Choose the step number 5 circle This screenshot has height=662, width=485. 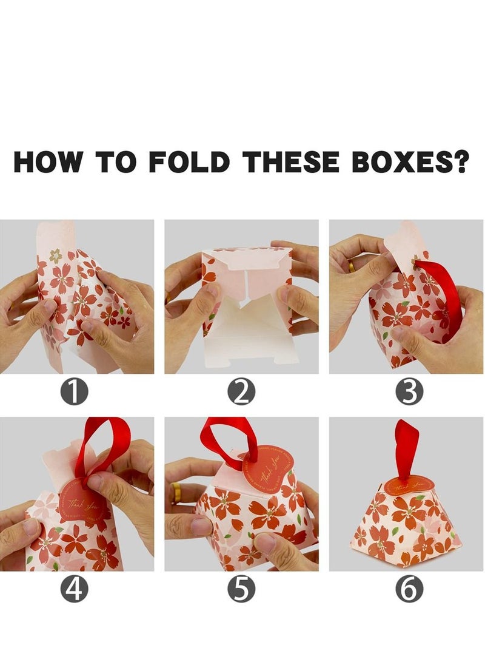click(x=241, y=590)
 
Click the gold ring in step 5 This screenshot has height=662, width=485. click(x=176, y=491)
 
